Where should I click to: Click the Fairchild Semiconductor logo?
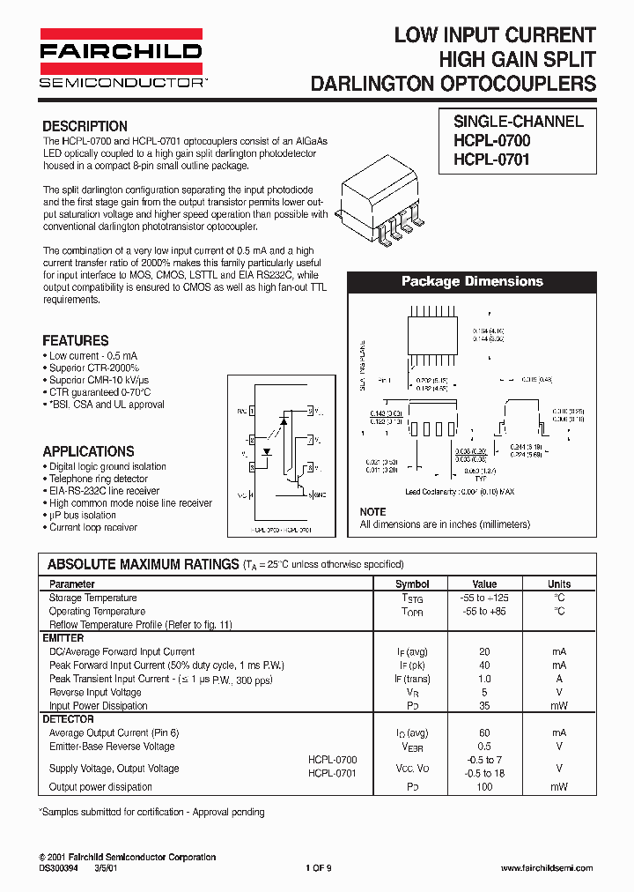(x=122, y=61)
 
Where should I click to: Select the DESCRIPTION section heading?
(x=85, y=126)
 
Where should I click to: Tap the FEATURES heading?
(x=76, y=340)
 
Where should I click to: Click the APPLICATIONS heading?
(x=88, y=451)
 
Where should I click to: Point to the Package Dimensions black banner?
(x=472, y=282)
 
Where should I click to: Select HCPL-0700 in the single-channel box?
(x=491, y=140)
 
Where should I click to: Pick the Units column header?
(x=559, y=584)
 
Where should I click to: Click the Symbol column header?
(x=412, y=584)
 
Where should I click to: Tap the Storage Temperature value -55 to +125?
(x=484, y=598)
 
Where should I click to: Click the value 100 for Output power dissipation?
(x=484, y=786)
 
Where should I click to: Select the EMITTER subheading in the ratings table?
(x=63, y=638)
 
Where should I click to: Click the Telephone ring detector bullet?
(x=98, y=479)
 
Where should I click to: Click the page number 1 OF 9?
(x=319, y=867)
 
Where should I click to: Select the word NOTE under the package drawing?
(x=372, y=512)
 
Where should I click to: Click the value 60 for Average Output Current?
(x=484, y=732)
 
